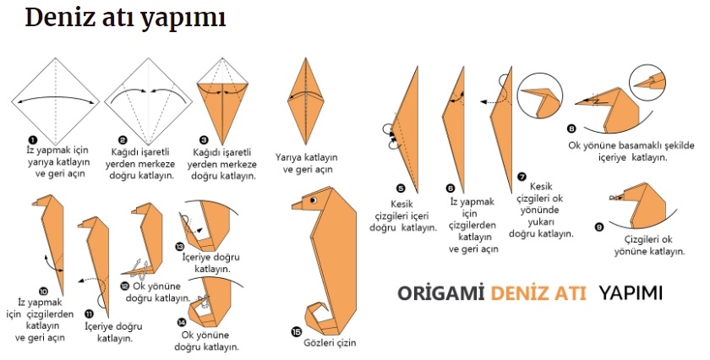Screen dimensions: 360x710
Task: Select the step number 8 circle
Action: (x=571, y=129)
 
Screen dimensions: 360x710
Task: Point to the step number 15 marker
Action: (x=296, y=331)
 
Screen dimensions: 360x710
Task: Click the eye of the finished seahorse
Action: (x=313, y=199)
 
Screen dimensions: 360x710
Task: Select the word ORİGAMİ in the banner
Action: (x=440, y=293)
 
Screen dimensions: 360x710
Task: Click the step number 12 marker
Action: (x=124, y=286)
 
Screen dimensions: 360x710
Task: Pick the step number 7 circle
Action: (x=522, y=176)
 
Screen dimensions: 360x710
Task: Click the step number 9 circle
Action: (x=598, y=226)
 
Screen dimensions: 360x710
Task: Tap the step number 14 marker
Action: (x=182, y=322)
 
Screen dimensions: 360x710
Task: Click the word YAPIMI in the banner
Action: (x=631, y=293)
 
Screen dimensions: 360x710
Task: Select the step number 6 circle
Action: (x=451, y=188)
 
